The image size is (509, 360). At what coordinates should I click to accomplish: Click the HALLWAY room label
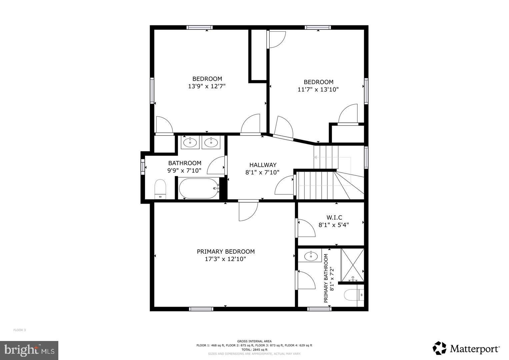263,165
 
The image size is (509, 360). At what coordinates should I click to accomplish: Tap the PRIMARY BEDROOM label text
226,252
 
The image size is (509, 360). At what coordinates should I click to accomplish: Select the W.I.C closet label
334,218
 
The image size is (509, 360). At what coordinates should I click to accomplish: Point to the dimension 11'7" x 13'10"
318,89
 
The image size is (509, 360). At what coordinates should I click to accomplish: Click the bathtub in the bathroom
198,188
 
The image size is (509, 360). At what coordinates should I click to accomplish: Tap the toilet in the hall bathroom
160,189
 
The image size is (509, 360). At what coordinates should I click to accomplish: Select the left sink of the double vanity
190,143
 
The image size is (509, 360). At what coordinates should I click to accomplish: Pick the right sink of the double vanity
211,143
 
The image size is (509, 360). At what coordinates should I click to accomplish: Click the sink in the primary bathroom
311,256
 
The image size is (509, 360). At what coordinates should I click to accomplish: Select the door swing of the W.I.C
306,228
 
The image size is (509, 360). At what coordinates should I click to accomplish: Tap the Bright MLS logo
29,350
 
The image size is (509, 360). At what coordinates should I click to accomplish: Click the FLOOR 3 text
19,330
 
